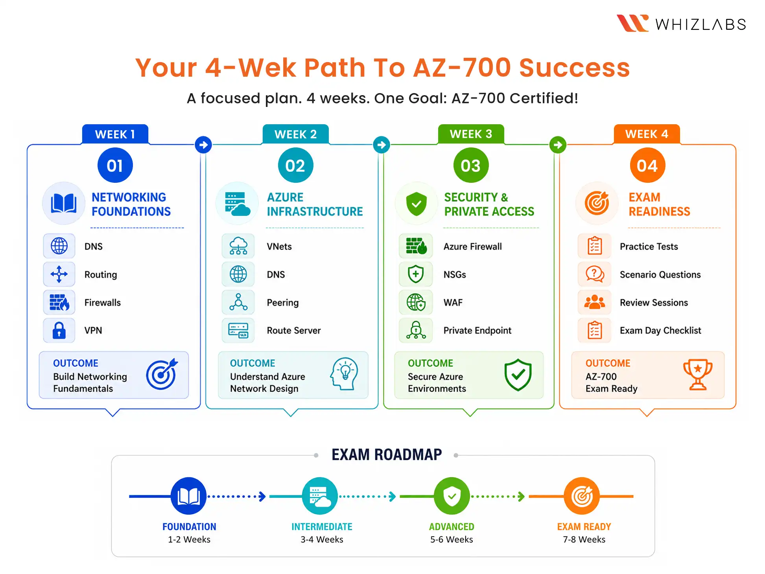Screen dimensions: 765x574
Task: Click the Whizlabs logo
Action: pos(681,24)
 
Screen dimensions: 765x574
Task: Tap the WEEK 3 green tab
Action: pos(471,134)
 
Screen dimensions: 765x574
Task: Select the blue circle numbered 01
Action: pos(115,165)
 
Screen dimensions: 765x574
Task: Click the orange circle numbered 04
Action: pos(647,165)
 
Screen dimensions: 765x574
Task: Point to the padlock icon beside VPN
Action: pos(59,330)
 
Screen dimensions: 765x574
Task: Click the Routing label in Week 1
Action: pos(101,274)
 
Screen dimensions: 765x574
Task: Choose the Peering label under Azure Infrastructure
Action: pos(283,302)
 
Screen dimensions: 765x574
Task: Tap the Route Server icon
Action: pos(238,330)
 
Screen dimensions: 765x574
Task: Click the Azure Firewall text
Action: pos(473,247)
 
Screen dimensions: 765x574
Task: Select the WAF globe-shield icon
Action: pos(416,302)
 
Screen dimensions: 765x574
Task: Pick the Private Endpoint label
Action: pos(477,330)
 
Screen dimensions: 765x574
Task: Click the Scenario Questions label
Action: pos(660,274)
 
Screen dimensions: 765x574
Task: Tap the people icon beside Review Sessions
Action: pos(595,302)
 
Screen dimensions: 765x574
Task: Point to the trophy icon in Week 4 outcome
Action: pos(698,374)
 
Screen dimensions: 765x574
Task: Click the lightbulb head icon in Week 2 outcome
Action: pos(345,373)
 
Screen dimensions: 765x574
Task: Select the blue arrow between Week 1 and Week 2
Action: pos(203,145)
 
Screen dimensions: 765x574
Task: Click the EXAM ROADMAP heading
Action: pos(387,454)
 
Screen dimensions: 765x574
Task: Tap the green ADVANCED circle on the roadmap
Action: pos(452,496)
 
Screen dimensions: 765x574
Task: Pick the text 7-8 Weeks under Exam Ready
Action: pos(584,539)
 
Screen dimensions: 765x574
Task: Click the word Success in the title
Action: pos(575,68)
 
